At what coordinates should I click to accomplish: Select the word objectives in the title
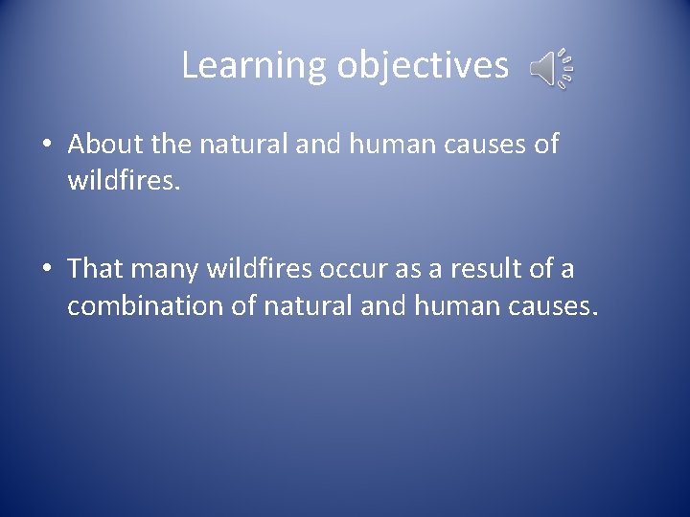pyautogui.click(x=422, y=66)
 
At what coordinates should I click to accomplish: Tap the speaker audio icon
pyautogui.click(x=552, y=69)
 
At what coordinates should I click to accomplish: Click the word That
pyautogui.click(x=96, y=269)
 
